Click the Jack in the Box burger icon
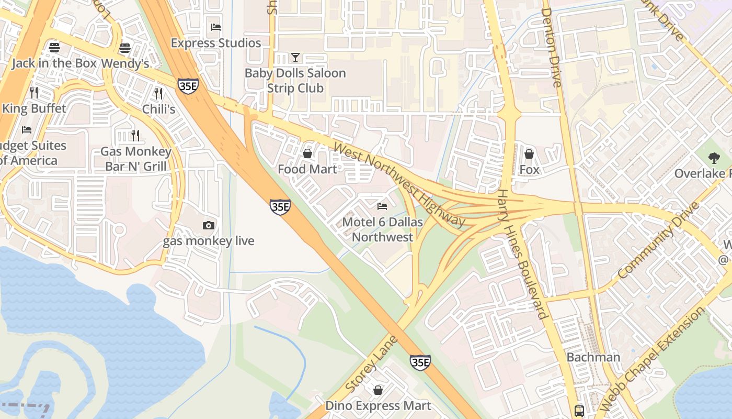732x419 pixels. tap(54, 48)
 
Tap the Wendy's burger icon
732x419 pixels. tap(124, 48)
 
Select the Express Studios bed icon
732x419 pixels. tap(215, 27)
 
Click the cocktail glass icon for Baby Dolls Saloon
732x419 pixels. tap(295, 57)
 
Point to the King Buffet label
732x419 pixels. tap(35, 108)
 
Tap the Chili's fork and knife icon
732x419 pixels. tap(158, 93)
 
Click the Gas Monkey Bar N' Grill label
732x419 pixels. tap(136, 159)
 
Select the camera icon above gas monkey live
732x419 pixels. tap(209, 226)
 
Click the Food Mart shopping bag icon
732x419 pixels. tap(307, 153)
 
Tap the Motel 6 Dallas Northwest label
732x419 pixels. tap(382, 229)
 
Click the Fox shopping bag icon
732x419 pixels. tap(529, 154)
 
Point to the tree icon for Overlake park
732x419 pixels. tap(714, 158)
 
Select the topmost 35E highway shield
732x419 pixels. tap(188, 86)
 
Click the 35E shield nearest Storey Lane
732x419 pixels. tap(420, 362)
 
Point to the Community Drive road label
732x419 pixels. tap(659, 240)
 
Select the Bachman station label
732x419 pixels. tap(593, 357)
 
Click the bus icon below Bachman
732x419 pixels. tap(579, 410)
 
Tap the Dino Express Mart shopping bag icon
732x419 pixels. tap(378, 390)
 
